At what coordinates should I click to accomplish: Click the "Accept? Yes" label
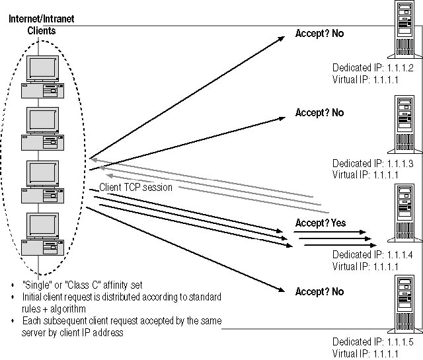[320, 223]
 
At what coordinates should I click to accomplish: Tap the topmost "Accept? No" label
[319, 34]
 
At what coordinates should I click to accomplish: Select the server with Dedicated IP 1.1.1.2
[405, 38]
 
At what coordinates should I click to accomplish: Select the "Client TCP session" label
[136, 187]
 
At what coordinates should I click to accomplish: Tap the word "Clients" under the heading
[42, 30]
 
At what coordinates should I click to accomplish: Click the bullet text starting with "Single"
[82, 285]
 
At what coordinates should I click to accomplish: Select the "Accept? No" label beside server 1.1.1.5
[319, 291]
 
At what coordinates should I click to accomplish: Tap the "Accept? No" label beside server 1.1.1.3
[319, 113]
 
